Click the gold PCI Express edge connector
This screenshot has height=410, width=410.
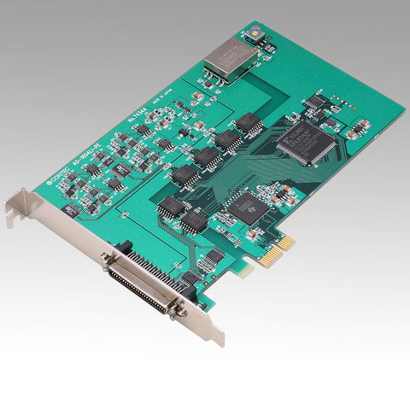(277, 251)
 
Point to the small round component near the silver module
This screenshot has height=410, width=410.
(254, 36)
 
